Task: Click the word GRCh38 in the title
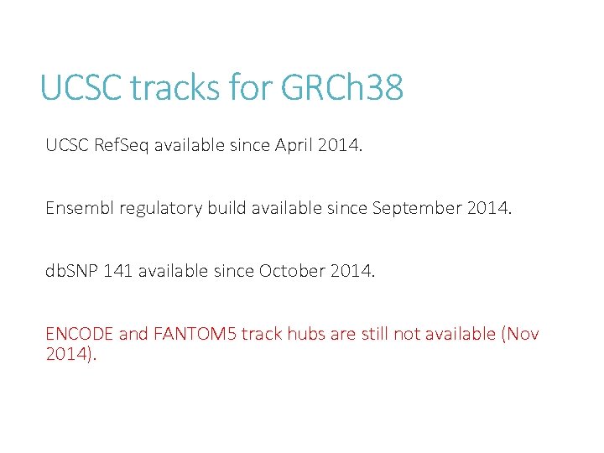coord(343,87)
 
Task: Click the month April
coord(293,145)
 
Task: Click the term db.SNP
coord(72,271)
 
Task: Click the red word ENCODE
coord(80,334)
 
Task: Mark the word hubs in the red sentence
coord(306,334)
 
